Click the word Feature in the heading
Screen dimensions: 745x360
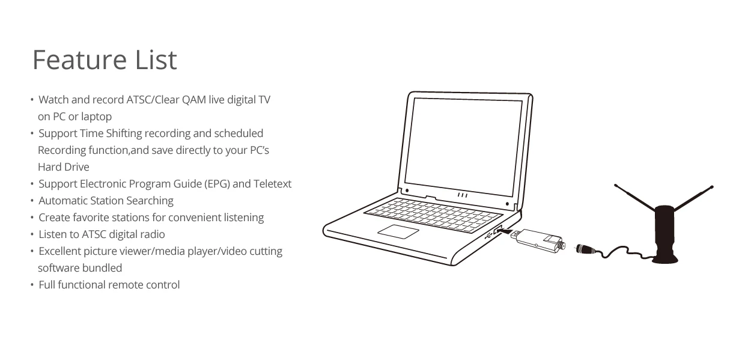[x=74, y=60]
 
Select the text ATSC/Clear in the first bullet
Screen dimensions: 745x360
[x=153, y=100]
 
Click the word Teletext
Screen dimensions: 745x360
[x=272, y=184]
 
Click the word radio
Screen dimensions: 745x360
[x=152, y=234]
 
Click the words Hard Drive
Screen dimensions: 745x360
[x=63, y=167]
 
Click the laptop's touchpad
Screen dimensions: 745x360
[x=397, y=231]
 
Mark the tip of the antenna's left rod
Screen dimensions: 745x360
[x=616, y=185]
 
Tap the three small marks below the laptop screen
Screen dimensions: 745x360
[x=462, y=195]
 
